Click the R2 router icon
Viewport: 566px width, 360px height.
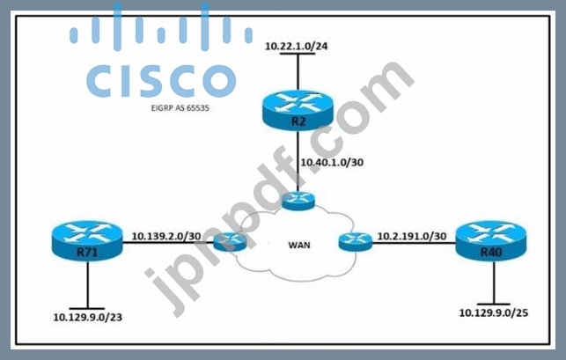(298, 110)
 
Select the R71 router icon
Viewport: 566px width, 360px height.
(87, 240)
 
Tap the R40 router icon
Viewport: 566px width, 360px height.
(491, 240)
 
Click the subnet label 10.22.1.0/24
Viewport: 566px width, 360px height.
(297, 47)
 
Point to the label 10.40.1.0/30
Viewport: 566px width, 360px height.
(332, 163)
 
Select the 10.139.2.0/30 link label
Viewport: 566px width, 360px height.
(166, 236)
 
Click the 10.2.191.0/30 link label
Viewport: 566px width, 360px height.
(412, 236)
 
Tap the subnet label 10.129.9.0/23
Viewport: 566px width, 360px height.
(88, 317)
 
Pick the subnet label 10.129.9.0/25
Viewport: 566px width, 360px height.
(494, 312)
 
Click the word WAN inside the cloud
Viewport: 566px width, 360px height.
(299, 246)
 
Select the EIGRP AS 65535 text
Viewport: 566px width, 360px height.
(180, 108)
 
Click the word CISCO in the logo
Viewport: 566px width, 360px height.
(161, 80)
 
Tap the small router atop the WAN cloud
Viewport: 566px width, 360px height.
(298, 201)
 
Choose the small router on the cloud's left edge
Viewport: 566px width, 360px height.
(230, 241)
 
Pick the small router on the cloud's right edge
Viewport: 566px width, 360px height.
(356, 241)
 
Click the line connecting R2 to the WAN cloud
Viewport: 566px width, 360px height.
(298, 161)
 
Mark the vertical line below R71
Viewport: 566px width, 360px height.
(87, 284)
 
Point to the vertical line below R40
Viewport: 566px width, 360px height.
(494, 283)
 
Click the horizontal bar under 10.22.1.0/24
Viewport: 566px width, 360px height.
(298, 54)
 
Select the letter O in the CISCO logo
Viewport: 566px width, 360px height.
(219, 81)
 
